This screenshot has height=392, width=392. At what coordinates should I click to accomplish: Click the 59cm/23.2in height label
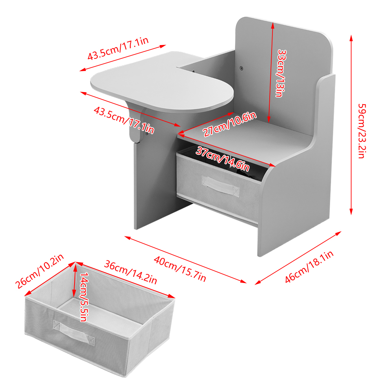(x=362, y=131)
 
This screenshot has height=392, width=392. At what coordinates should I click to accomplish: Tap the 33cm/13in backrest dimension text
(x=282, y=73)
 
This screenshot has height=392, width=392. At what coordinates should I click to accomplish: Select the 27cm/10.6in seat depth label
(x=229, y=124)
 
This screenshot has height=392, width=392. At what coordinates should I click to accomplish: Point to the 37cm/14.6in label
(x=223, y=159)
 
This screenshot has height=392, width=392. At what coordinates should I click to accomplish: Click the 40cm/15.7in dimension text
(x=180, y=269)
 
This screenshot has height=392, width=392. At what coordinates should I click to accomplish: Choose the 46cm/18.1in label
(x=309, y=267)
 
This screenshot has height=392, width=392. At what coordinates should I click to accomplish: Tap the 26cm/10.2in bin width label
(x=40, y=271)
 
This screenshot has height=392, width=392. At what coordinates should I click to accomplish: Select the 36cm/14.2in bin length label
(x=131, y=272)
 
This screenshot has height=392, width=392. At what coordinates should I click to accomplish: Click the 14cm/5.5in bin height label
(x=84, y=297)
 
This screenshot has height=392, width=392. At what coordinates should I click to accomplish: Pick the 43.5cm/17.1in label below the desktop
(x=124, y=120)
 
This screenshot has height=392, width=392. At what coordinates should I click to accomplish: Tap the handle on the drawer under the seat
(x=220, y=185)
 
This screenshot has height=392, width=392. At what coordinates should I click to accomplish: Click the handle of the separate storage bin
(x=74, y=332)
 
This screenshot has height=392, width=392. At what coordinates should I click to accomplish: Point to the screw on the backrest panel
(x=241, y=67)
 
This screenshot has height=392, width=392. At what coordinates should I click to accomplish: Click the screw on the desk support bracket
(x=146, y=134)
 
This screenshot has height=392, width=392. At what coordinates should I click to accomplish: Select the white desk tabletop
(x=162, y=81)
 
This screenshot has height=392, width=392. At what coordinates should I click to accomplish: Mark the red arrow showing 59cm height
(x=351, y=125)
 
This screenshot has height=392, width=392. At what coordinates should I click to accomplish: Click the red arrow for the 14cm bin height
(x=74, y=280)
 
